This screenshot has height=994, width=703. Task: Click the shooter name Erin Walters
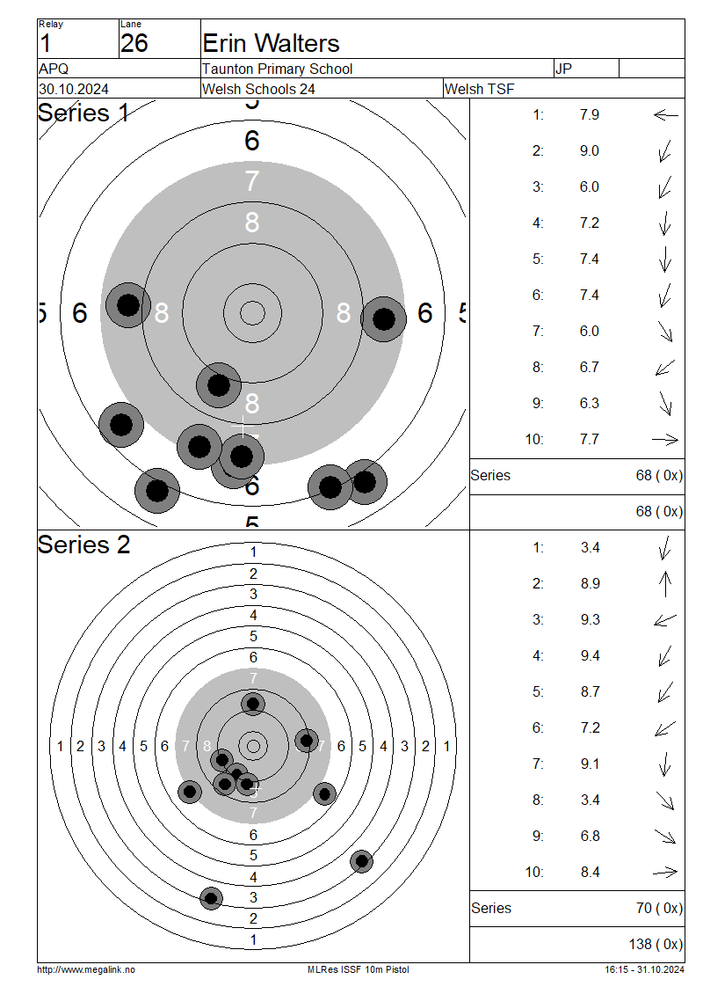click(x=271, y=43)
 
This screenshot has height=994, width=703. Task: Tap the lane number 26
click(x=134, y=43)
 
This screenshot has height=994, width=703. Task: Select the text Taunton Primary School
click(x=277, y=69)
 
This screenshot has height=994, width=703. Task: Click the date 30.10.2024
click(x=74, y=89)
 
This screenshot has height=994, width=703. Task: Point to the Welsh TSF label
click(x=480, y=89)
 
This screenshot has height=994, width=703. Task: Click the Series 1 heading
click(x=83, y=113)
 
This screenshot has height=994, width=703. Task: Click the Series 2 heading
click(x=83, y=545)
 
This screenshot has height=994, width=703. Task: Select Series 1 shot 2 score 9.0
click(x=589, y=151)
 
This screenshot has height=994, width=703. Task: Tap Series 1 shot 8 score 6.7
click(x=589, y=367)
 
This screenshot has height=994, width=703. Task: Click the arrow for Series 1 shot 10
click(x=665, y=439)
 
